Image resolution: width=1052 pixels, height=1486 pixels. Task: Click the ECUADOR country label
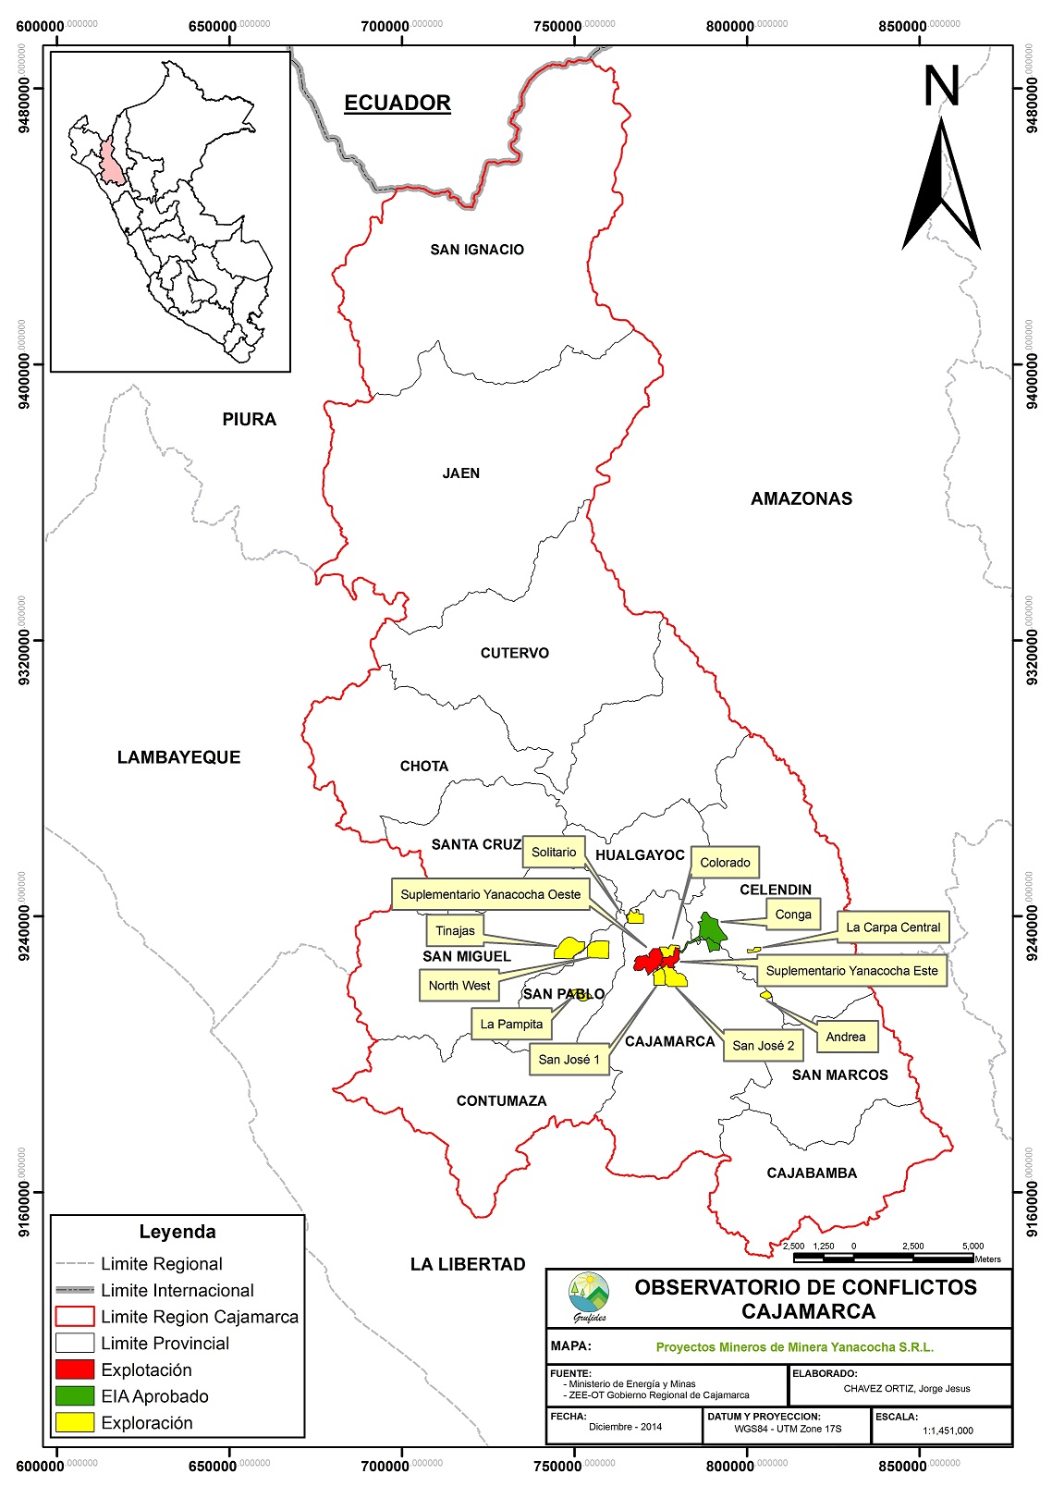(397, 103)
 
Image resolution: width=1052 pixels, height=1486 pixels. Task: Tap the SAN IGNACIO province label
(477, 250)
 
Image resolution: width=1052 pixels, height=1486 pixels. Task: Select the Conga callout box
(792, 915)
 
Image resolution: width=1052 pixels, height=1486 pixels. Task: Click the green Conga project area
(711, 930)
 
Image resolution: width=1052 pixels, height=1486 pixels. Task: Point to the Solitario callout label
(554, 852)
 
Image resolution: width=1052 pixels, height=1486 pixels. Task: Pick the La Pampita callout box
(511, 1024)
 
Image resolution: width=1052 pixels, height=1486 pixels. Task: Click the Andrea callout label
(845, 1037)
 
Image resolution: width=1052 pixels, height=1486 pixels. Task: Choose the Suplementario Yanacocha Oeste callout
(491, 894)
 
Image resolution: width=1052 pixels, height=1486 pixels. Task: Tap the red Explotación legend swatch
(75, 1369)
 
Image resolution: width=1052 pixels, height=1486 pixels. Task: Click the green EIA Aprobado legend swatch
(75, 1396)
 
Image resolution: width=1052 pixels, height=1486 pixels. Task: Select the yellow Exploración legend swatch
(75, 1423)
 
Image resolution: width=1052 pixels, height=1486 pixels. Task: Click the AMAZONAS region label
(801, 498)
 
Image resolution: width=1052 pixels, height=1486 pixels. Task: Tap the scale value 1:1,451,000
(948, 1431)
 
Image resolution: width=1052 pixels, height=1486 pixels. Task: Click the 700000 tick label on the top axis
(385, 26)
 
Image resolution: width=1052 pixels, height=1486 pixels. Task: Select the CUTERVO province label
(514, 653)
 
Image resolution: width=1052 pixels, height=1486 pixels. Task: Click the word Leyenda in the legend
(177, 1232)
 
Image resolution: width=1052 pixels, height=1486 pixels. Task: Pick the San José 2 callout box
(763, 1045)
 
